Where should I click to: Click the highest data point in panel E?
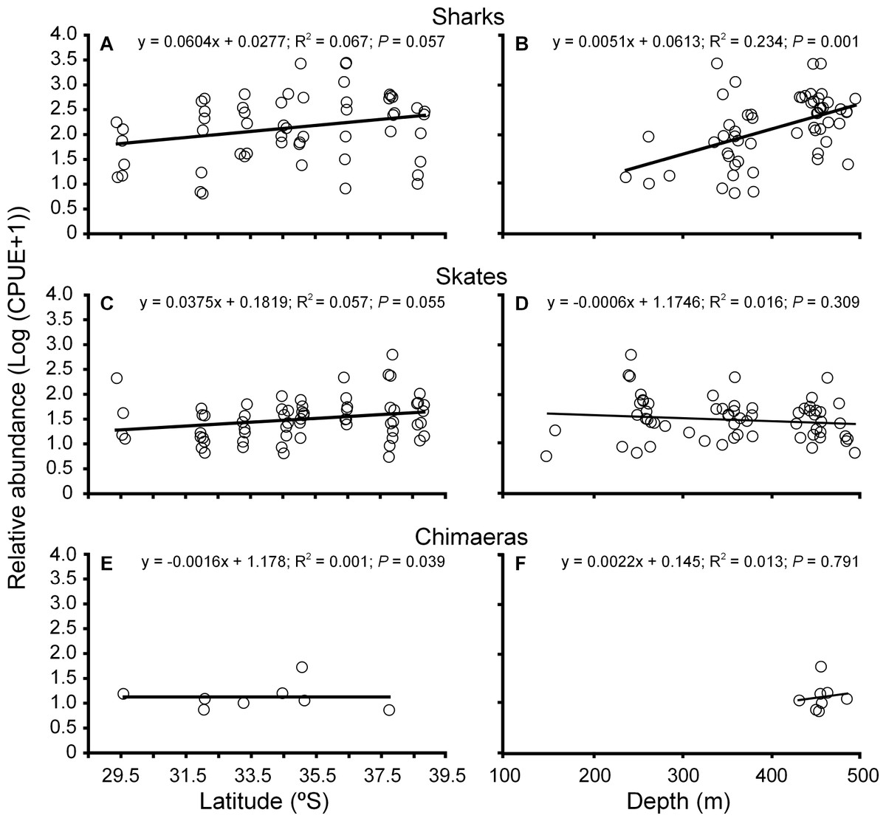pos(301,667)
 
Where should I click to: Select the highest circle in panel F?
pos(821,667)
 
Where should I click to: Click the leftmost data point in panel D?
pos(546,456)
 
